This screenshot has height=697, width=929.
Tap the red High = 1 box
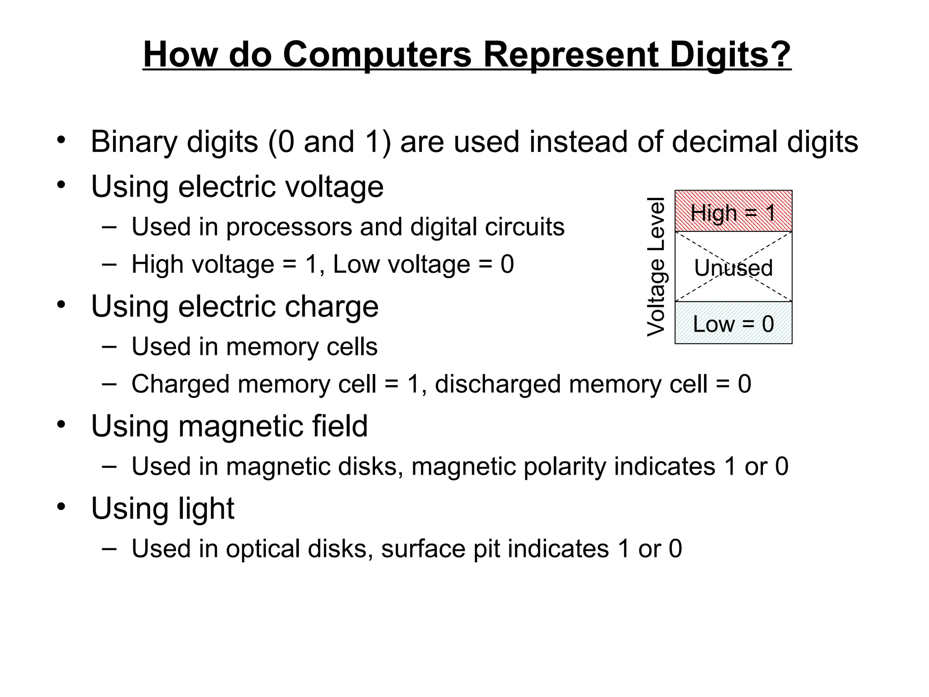[733, 211]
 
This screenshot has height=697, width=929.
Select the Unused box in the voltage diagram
[733, 267]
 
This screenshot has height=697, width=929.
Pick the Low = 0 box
[733, 324]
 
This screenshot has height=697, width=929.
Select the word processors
[289, 227]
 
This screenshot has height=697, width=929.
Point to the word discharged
[498, 384]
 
